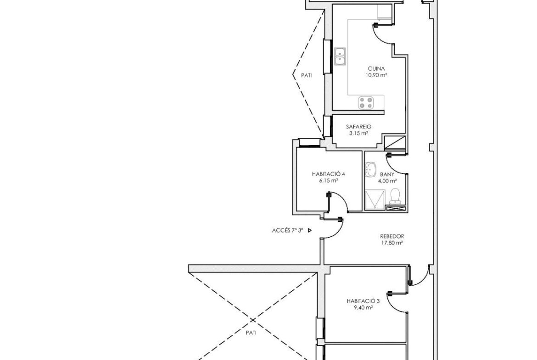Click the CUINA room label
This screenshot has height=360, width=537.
(x=376, y=69)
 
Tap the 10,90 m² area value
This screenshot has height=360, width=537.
(x=376, y=75)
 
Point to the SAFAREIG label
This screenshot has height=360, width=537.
(x=358, y=127)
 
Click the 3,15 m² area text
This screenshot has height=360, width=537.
(x=358, y=133)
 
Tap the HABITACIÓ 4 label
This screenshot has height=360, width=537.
(x=328, y=174)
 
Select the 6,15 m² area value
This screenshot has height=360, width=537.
(x=329, y=181)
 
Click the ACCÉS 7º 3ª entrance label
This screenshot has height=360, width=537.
(x=288, y=231)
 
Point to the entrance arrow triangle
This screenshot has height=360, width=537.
(x=310, y=231)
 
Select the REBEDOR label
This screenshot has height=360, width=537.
(x=392, y=237)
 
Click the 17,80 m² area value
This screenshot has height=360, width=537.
(x=392, y=244)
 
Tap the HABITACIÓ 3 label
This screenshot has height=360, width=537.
(x=363, y=301)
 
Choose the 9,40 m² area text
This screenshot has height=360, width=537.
(x=363, y=308)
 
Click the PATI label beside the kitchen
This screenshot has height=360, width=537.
(x=306, y=76)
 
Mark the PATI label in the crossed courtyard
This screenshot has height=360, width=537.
(x=251, y=333)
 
